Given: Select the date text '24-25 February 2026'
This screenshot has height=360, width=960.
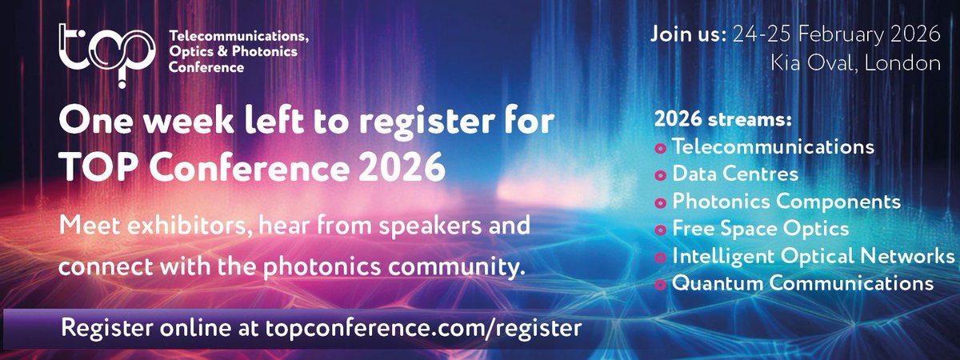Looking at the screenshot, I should pyautogui.click(x=837, y=34).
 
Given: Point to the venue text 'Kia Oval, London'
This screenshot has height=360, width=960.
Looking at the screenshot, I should pyautogui.click(x=855, y=63).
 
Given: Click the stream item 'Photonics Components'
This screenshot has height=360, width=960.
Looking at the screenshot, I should pyautogui.click(x=786, y=201).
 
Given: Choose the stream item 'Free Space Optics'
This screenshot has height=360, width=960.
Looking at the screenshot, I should pyautogui.click(x=760, y=228).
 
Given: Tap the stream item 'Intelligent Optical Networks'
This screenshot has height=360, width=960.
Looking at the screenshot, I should pyautogui.click(x=814, y=256).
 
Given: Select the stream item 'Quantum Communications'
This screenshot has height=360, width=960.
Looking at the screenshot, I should pyautogui.click(x=802, y=282).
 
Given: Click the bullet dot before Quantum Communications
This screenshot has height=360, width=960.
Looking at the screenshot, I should pyautogui.click(x=661, y=284).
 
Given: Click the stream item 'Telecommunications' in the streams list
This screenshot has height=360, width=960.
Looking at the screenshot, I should pyautogui.click(x=773, y=147).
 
